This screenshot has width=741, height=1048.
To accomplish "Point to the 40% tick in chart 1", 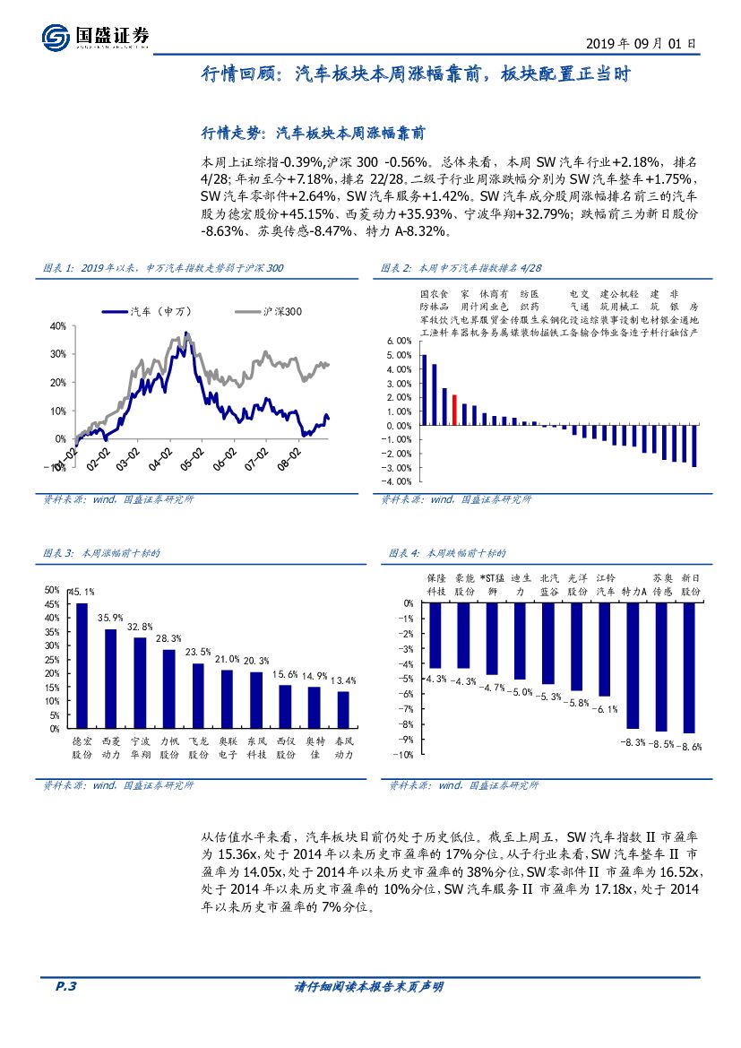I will click(58, 325).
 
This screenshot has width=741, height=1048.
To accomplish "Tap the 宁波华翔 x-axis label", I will click(140, 749).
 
